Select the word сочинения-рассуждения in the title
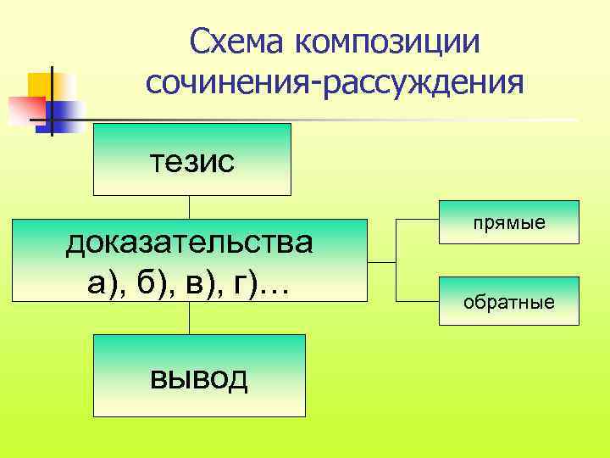335,83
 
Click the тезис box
191,159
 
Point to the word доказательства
190,243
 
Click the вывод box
199,375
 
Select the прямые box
509,222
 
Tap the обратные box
509,301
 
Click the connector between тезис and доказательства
189,208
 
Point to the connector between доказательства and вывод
189,318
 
